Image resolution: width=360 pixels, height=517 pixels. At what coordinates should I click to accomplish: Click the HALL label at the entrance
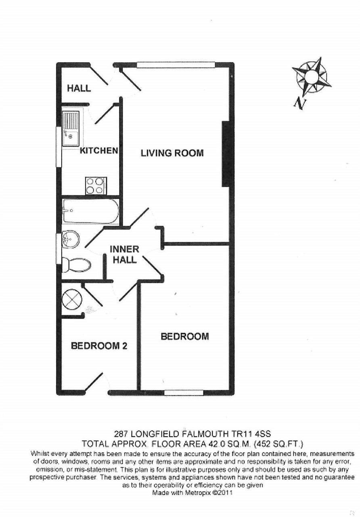coord(79,88)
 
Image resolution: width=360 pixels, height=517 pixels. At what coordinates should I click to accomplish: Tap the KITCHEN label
coord(99,151)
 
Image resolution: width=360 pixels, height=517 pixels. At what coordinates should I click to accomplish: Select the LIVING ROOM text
coord(172,153)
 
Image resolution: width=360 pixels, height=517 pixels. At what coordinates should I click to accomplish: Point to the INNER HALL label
coord(124,254)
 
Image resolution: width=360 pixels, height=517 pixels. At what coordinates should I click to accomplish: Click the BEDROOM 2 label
coord(99,346)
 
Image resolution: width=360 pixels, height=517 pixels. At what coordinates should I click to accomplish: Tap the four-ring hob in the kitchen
coord(96,186)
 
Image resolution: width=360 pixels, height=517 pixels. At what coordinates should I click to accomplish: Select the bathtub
coord(91,211)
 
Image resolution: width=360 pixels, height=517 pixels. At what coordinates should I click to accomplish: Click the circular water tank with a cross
coord(72,300)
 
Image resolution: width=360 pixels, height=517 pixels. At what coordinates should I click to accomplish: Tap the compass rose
coord(311,76)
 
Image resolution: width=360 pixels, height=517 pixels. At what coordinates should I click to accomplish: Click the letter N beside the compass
coord(299,104)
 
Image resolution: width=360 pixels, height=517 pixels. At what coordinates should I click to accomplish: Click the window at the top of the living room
coord(176,65)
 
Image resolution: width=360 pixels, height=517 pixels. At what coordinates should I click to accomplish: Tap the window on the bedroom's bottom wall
coord(184,391)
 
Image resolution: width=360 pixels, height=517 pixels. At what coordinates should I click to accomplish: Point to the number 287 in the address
coord(121,435)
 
